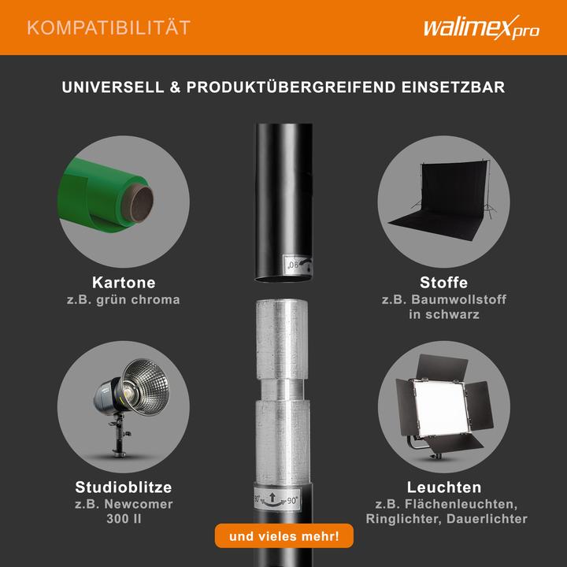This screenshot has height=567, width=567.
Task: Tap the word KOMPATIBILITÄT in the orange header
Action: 108,28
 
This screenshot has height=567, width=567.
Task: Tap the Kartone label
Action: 124,283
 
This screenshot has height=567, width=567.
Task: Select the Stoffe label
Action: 444,283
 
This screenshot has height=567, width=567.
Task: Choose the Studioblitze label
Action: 123,487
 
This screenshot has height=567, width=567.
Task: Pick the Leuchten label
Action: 444,487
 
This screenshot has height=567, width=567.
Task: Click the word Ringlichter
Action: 406,519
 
